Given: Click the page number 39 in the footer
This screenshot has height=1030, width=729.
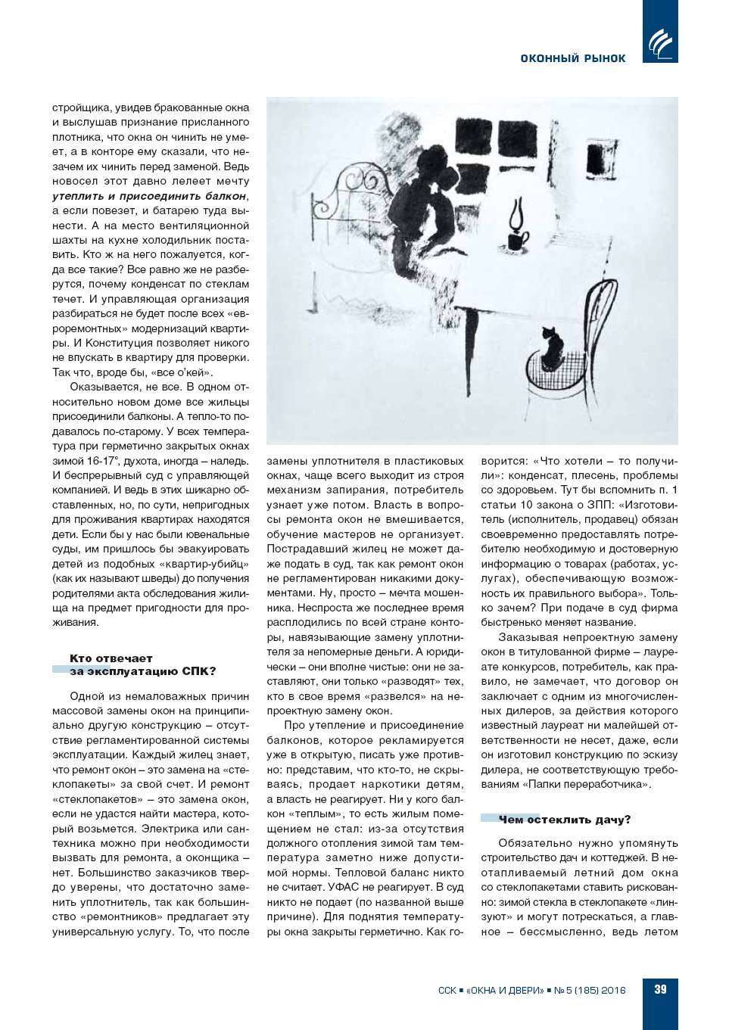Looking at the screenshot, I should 660,989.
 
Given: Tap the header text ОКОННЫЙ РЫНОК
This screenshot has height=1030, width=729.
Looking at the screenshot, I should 572,58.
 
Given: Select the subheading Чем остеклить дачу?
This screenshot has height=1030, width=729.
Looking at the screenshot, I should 564,820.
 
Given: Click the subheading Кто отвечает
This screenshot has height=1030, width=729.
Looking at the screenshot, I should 111,658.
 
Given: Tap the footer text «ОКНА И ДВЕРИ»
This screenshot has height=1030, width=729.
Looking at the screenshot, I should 505,990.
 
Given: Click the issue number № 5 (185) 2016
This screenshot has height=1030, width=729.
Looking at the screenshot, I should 590,990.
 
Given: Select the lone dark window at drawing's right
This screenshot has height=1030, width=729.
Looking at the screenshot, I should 601,158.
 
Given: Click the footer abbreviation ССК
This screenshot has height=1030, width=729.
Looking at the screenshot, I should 447,990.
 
